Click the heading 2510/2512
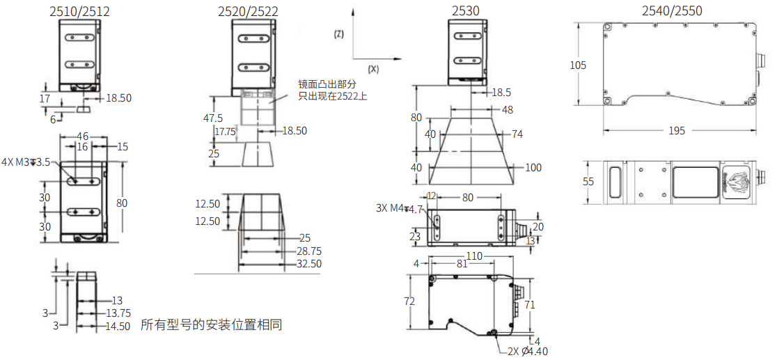(80, 10)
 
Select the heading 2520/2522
(248, 10)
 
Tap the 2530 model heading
(465, 10)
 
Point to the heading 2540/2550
(672, 10)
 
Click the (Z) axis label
(339, 35)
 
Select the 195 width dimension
(675, 130)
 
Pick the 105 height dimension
(578, 65)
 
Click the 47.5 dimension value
(213, 118)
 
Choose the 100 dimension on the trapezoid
(533, 167)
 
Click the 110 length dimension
(474, 256)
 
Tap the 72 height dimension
(409, 301)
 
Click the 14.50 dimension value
(117, 326)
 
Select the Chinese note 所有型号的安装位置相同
(212, 324)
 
